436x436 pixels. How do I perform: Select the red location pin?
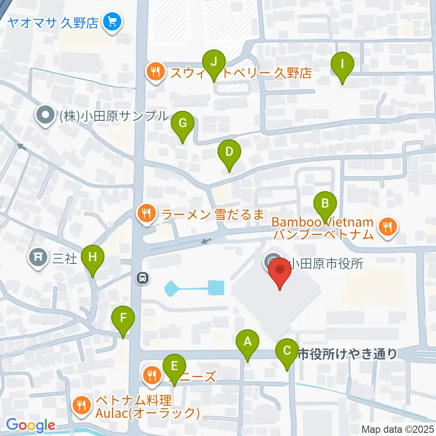coord(280,272)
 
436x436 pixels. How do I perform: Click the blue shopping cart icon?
coord(112,21)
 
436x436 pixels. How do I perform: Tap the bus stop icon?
coord(143,277)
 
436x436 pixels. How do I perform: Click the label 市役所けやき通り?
coord(347,353)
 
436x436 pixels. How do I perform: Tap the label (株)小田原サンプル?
coord(114,116)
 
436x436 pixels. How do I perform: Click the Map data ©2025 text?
coord(398,429)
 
